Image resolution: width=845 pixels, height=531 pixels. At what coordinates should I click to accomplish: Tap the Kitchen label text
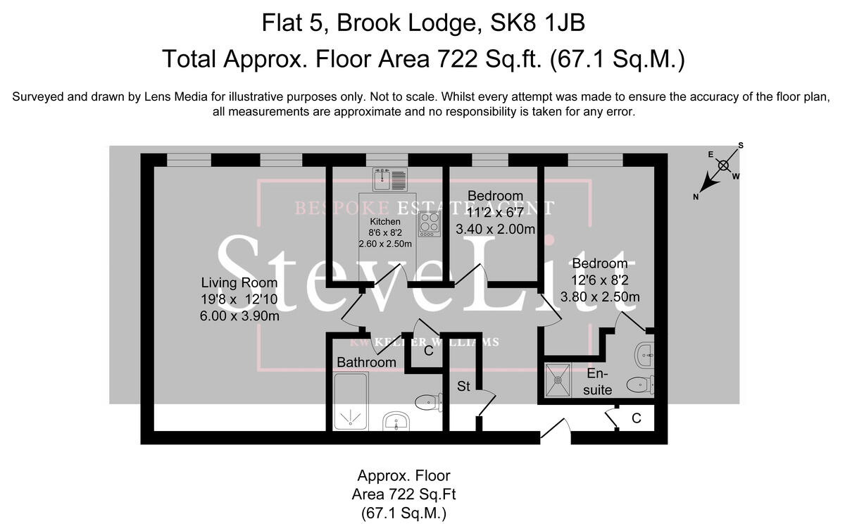pos(384,221)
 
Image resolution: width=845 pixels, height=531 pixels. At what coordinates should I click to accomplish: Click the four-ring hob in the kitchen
pos(429,223)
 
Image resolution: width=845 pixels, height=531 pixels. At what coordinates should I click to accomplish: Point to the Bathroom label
pos(366,362)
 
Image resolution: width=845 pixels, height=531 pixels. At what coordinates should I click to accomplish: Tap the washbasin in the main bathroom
pos(396,422)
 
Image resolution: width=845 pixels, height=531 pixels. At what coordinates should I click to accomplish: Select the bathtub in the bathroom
pos(350,401)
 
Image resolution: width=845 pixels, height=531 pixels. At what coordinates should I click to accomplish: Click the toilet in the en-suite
pos(641,385)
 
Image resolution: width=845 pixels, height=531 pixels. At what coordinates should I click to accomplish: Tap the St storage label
pos(463,386)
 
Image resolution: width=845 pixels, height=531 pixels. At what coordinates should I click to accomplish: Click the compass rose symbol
pos(723,167)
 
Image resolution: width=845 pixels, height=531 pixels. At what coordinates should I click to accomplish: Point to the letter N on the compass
pos(696,197)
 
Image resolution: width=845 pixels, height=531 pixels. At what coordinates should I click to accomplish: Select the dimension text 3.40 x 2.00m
pos(495,229)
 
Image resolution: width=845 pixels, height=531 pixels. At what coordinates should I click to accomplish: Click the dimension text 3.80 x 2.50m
pos(600,296)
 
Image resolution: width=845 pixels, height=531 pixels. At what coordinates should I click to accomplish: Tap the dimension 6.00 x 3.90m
pos(240,316)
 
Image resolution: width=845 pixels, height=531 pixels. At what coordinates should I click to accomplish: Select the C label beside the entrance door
pos(636,418)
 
